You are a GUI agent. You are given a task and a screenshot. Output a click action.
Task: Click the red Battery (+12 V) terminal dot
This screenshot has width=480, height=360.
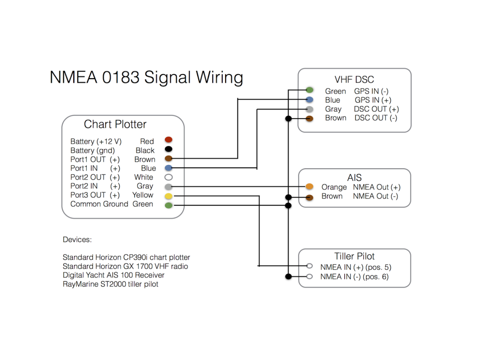[x=168, y=140]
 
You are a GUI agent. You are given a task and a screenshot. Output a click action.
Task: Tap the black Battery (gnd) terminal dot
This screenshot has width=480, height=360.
[x=168, y=149]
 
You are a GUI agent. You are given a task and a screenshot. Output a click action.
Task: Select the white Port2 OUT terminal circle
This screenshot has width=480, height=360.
[x=168, y=177]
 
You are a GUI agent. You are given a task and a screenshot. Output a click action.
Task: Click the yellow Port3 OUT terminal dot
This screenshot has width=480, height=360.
[x=168, y=196]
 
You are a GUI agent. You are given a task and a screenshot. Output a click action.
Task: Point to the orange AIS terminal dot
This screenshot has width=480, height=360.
[x=309, y=187]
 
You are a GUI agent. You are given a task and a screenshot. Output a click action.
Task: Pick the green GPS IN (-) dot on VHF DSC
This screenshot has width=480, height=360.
[x=309, y=90]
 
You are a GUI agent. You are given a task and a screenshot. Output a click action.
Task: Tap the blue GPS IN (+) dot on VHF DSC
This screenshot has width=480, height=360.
[x=309, y=99]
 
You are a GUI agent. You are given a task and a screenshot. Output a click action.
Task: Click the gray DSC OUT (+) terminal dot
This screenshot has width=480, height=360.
[x=309, y=109]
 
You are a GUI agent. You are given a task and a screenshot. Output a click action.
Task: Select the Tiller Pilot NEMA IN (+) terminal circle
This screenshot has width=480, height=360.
[x=309, y=266]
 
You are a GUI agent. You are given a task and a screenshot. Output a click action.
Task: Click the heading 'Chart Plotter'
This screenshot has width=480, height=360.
[x=115, y=124]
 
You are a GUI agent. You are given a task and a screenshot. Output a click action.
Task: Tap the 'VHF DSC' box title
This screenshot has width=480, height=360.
[x=354, y=80]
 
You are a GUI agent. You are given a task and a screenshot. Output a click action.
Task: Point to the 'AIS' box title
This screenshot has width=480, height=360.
[x=354, y=178]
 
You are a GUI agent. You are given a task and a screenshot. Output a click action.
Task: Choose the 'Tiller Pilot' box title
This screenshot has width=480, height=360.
[x=354, y=256]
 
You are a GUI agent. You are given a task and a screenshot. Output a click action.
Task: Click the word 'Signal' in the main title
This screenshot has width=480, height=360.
[x=167, y=77]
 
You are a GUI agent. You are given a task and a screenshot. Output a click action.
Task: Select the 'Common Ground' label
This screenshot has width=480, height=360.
[x=99, y=204]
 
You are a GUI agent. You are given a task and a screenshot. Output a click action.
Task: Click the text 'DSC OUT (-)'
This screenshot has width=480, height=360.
[x=376, y=118]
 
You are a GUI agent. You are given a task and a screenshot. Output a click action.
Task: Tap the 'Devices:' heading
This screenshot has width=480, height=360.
[x=77, y=240]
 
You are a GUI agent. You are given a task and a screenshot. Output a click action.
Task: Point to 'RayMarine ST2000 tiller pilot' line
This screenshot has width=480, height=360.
[x=111, y=284]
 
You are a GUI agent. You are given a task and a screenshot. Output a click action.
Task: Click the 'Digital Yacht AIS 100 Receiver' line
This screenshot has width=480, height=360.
[x=113, y=275]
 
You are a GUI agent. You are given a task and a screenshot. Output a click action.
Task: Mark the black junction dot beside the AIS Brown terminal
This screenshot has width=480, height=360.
[x=288, y=197]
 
